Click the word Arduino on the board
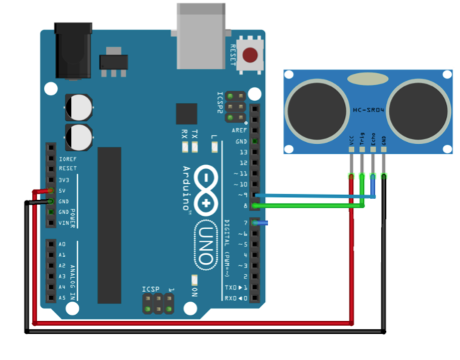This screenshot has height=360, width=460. coord(187,187)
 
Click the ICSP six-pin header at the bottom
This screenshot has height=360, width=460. coord(158,303)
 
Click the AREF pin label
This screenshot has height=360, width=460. coord(241,130)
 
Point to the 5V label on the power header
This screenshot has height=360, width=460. coord(62,190)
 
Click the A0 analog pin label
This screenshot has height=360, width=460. coord(62,244)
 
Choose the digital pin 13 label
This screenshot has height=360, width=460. coord(243,152)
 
